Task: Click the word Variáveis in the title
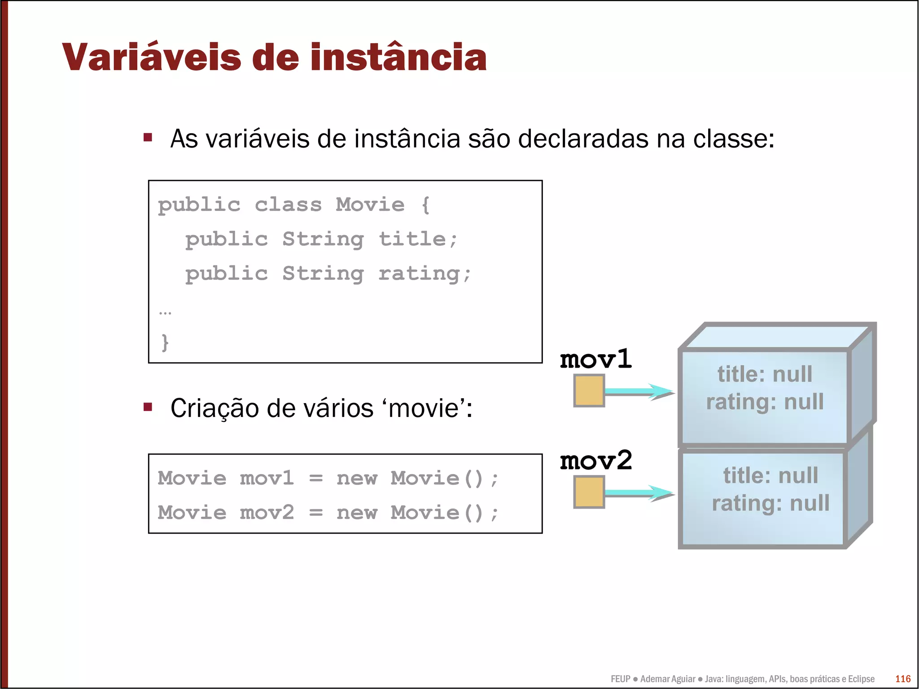coord(152,57)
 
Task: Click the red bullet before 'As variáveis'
coord(148,137)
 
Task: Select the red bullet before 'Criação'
coord(148,407)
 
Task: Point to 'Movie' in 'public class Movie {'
coord(370,205)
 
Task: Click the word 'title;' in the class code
coord(418,239)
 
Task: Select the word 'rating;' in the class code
coord(424,274)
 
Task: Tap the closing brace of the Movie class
coord(165,342)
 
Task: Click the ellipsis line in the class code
coord(165,312)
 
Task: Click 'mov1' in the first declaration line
coord(267,478)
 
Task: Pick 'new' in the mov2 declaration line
coord(357,513)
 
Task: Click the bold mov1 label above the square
coord(596,359)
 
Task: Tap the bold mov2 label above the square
coord(596,461)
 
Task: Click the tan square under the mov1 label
coord(589,391)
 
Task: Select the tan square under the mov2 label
coord(589,492)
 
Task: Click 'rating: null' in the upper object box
coord(765,402)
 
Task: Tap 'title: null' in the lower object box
coord(770,475)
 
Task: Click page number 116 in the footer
coord(902,679)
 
